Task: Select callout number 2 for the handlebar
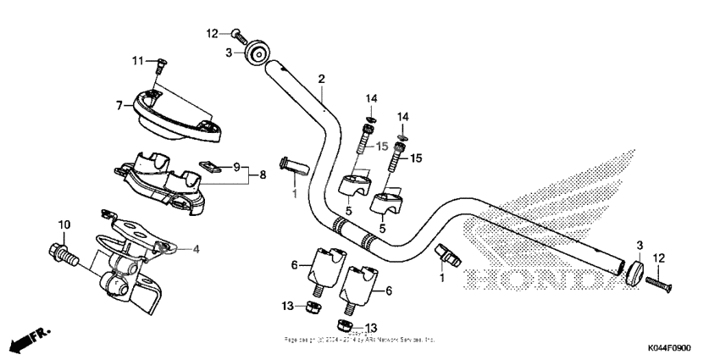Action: [x=321, y=79]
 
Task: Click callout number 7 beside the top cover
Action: [x=119, y=106]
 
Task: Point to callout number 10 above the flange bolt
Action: [x=63, y=224]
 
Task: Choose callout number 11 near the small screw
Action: [x=137, y=60]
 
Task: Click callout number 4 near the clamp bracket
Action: [x=196, y=248]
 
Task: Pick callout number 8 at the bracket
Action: [x=262, y=175]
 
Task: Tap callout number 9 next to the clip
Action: [x=236, y=166]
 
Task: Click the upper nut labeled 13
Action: [x=311, y=305]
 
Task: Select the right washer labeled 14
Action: [x=403, y=134]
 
